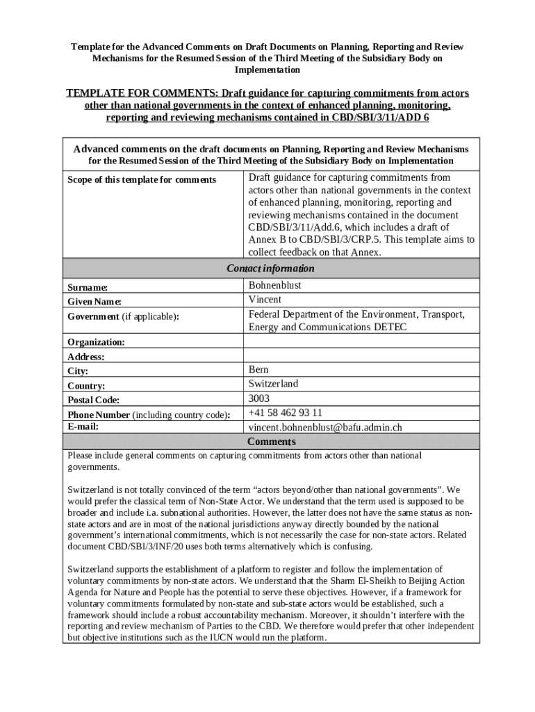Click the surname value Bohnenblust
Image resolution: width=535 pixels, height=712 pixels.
pos(274,285)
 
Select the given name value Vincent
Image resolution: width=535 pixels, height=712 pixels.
pos(265,300)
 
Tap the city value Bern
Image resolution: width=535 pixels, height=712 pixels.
pos(258,369)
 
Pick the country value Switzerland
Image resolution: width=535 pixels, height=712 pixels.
pos(273,384)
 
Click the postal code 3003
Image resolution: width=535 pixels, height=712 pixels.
pos(258,398)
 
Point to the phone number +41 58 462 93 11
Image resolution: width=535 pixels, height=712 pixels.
pos(285,413)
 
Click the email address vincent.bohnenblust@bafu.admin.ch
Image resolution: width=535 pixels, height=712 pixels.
pos(325,428)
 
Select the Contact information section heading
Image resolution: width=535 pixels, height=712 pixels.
pos(270,268)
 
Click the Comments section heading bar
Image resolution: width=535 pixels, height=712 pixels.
pos(270,442)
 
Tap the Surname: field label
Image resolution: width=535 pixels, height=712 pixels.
pos(87,287)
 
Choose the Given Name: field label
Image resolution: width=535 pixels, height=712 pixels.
pos(94,302)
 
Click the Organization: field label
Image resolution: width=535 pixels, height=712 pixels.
pos(96,342)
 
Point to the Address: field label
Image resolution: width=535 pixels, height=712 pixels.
pos(85,357)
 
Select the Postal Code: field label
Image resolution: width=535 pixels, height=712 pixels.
pos(93,400)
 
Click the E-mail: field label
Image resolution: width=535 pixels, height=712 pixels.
pos(83,426)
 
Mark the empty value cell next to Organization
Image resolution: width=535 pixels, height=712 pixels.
pos(361,341)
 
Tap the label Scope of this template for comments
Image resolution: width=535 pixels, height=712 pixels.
pos(142,180)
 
